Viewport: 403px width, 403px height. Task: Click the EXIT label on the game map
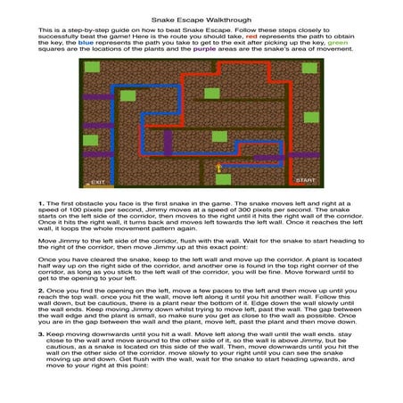[x=98, y=182]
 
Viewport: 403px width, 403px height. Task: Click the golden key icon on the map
[x=218, y=167]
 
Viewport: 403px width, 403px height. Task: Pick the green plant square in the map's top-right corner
[x=309, y=68]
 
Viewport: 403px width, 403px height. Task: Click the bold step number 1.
[x=41, y=203]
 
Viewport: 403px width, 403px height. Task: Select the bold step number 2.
[x=41, y=290]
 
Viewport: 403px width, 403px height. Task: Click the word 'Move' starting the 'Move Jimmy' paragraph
[x=46, y=240]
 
